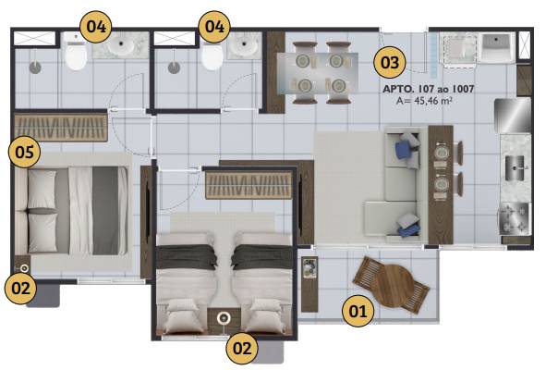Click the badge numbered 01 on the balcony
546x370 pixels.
358,311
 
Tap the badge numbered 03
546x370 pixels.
389,62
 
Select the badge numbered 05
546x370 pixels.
24,152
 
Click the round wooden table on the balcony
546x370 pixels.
392,285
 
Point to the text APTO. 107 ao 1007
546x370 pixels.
429,89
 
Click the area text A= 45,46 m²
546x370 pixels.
424,101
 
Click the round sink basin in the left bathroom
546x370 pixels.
121,44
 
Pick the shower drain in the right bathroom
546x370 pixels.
174,68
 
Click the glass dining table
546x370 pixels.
318,73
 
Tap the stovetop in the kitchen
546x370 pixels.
514,218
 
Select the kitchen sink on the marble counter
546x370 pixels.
515,167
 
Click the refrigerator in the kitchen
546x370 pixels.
513,116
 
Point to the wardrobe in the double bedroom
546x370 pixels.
61,128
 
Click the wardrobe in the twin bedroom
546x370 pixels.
249,185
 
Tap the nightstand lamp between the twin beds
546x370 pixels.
223,318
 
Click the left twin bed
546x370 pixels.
186,282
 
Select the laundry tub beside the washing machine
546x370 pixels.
497,48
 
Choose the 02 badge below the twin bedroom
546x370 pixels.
242,348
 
